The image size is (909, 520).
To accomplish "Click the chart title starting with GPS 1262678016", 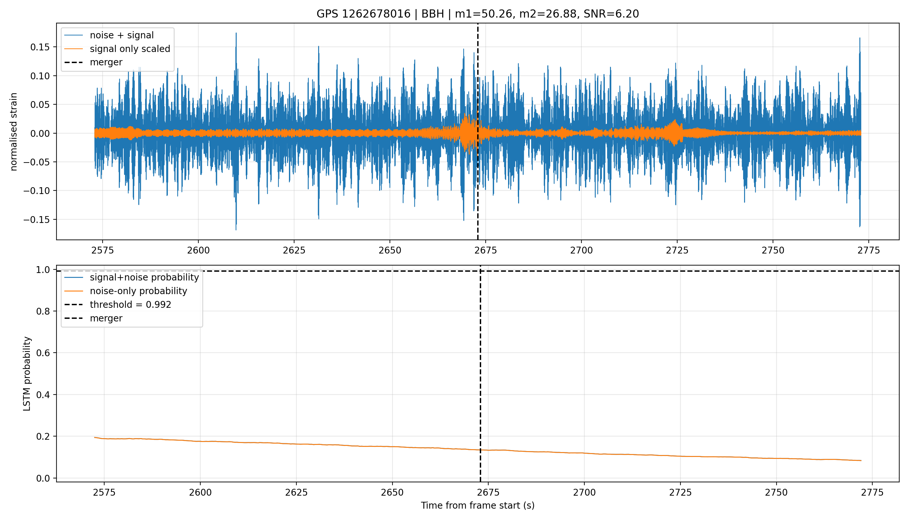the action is [x=477, y=14].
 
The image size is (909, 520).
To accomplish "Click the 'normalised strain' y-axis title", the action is [x=14, y=132].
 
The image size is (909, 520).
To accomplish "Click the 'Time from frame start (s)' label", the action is [x=477, y=505].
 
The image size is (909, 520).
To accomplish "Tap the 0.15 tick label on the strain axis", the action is [x=39, y=47].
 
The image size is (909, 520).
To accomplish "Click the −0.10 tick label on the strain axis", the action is [x=36, y=191].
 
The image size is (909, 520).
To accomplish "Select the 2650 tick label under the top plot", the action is [x=390, y=250].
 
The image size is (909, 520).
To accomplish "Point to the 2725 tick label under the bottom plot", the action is [x=680, y=492].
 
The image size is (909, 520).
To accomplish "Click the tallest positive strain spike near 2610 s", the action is [x=236, y=33].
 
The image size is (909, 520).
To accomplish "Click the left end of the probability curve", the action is [x=94, y=437].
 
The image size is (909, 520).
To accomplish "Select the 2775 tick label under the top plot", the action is [x=869, y=250].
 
